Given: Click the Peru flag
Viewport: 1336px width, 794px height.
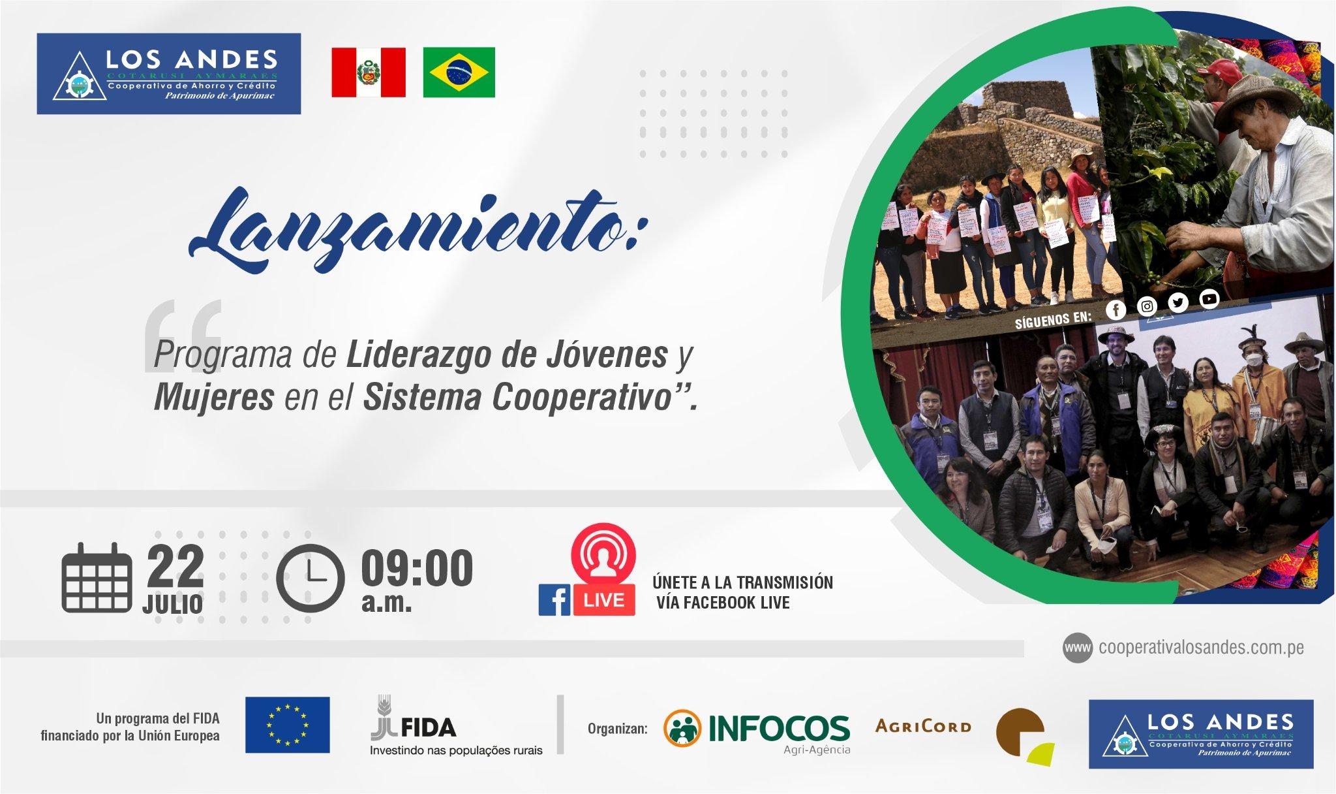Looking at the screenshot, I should coord(369,72).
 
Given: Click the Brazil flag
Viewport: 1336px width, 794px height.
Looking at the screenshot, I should coord(459,72).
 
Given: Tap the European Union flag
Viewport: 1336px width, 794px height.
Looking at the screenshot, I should coord(287,725).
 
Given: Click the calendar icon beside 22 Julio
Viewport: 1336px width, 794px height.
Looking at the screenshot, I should coord(96,579).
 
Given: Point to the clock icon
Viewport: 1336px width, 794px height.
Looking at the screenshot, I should coord(310,579).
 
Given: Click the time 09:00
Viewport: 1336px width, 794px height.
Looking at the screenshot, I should coord(417,568).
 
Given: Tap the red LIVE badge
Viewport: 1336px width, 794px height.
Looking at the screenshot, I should coord(604,599).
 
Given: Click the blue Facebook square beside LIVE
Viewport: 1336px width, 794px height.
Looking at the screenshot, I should coord(554,599).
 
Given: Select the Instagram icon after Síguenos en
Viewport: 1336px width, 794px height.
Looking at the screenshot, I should coord(1146,306).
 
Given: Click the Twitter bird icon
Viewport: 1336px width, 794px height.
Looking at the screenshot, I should coord(1177,302).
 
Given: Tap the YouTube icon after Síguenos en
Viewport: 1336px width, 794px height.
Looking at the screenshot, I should coord(1209,299).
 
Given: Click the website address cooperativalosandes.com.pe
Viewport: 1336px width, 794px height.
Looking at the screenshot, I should coord(1201,648).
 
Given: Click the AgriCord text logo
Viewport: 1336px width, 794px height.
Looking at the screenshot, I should coord(923,726).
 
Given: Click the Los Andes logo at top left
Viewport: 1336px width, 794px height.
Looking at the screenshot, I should coord(169,74).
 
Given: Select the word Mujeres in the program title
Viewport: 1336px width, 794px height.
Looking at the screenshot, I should coord(213,398).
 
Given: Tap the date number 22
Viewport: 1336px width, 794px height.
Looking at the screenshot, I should coord(175,565).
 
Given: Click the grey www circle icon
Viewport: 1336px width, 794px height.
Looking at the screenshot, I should coord(1078,648).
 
